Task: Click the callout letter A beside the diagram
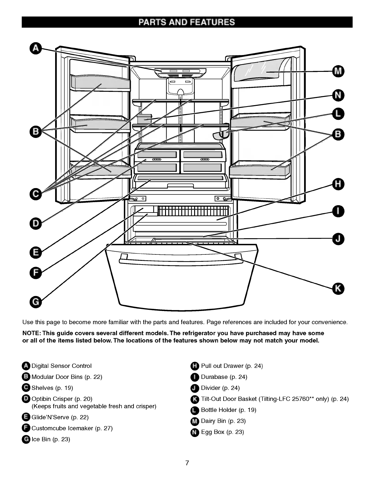[x=36, y=49]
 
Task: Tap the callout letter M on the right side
[x=338, y=71]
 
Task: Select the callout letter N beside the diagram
[x=338, y=95]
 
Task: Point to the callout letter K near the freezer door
[x=338, y=288]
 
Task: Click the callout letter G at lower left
[x=36, y=302]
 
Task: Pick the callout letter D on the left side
[x=36, y=224]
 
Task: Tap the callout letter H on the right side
[x=338, y=184]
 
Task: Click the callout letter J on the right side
[x=338, y=239]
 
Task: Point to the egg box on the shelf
[x=144, y=119]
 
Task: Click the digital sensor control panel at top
[x=180, y=72]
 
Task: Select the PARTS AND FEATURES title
[x=187, y=22]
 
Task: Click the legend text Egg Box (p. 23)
[x=222, y=432]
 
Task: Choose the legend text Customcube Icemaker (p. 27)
[x=72, y=428]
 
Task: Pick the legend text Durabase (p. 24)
[x=224, y=377]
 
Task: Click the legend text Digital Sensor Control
[x=62, y=366]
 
